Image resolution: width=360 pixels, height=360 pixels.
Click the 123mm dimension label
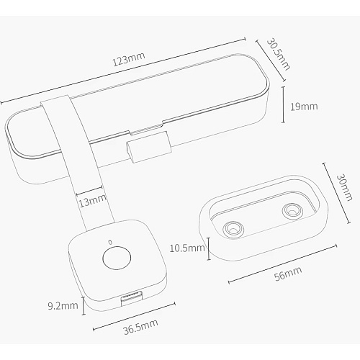pos(129,59)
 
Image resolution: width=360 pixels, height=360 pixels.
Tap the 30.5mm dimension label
pos(279,55)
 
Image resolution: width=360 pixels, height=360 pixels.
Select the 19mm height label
pos(304,107)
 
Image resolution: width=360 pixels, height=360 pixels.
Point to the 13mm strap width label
pos(92,201)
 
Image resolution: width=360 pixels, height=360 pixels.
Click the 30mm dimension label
pos(344,187)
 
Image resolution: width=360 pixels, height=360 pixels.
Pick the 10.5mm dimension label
pos(187,248)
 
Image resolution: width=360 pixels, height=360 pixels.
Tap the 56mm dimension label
pos(288,274)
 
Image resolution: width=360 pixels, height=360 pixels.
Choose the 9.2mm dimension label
pos(63,306)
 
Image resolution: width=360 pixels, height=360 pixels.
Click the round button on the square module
pos(117,258)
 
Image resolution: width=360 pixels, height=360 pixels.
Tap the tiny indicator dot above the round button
pos(110,242)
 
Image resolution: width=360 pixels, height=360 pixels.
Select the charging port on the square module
pos(132,298)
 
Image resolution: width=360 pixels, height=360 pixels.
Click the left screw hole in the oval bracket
pos(233,228)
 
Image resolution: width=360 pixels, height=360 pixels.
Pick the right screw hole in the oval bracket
pos(292,211)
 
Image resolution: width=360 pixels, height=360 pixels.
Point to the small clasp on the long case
pos(148,147)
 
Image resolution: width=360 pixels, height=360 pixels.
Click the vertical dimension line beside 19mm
pos(284,104)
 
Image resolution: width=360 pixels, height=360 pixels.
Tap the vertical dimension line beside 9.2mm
pos(84,305)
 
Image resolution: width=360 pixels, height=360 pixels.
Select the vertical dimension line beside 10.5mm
pos(209,248)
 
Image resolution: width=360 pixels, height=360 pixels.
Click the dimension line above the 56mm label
pos(282,264)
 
